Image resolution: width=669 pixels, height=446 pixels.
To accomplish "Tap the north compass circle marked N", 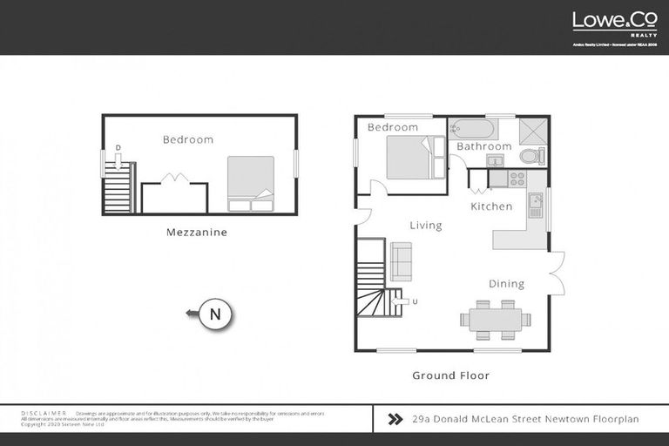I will (215, 314).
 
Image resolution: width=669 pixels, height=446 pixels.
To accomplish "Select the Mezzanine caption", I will (197, 233).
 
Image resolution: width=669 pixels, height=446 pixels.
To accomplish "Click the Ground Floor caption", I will (450, 375).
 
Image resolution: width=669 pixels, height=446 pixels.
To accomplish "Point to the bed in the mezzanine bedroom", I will (251, 184).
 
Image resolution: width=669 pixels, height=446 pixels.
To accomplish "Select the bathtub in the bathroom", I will (471, 129).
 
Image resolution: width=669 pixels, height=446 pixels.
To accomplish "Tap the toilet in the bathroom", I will (530, 157).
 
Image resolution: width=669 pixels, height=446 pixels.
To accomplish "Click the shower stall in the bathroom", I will (532, 130).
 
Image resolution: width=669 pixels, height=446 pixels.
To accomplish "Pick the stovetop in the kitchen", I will (517, 179).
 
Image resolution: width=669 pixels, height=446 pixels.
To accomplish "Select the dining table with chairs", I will (495, 320).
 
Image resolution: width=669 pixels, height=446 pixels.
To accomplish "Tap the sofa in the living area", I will (401, 261).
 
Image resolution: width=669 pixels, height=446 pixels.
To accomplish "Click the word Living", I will (426, 226).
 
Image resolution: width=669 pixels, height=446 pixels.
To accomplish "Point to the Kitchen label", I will (491, 206).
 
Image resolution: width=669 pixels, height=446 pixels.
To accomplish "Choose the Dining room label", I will (506, 283).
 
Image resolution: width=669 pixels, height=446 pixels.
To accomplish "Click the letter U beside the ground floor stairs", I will (415, 301).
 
